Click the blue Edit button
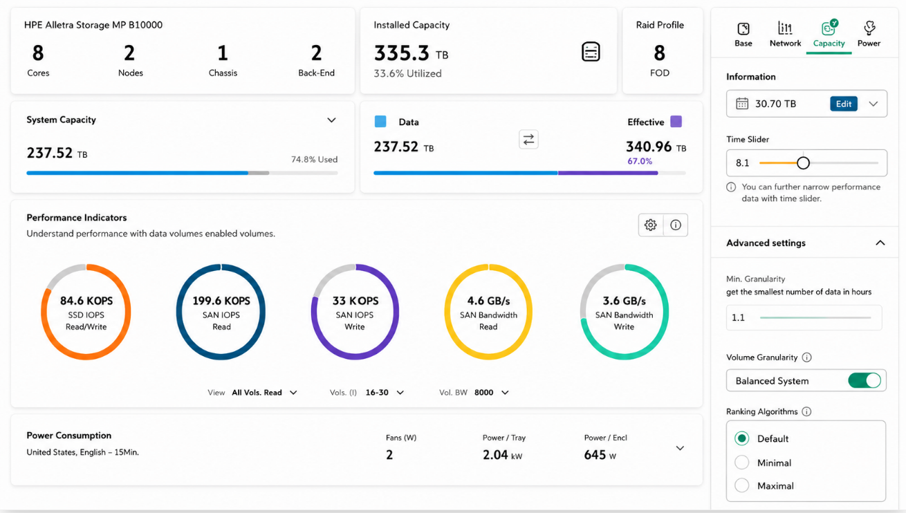tap(843, 104)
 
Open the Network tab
tap(785, 35)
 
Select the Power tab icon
tap(869, 28)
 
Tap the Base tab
tap(743, 35)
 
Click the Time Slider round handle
tap(803, 163)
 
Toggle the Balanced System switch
tap(865, 380)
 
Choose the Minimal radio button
tap(742, 462)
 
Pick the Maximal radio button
tap(742, 485)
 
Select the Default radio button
tap(742, 438)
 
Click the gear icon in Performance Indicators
tap(650, 225)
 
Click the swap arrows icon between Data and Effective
tap(528, 140)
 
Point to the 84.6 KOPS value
tap(86, 301)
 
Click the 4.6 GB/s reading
tap(488, 301)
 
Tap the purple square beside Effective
tap(676, 121)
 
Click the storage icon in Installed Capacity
tap(591, 52)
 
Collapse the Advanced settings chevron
tap(880, 243)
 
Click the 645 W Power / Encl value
tap(600, 455)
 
